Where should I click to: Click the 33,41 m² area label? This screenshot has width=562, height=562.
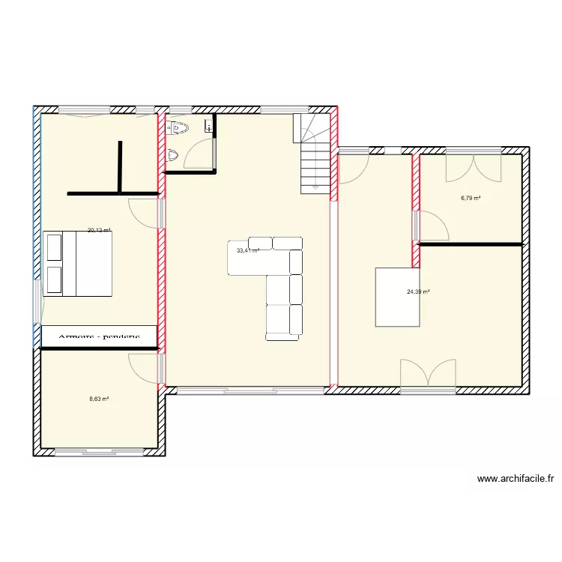248,251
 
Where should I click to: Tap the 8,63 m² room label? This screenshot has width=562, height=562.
99,399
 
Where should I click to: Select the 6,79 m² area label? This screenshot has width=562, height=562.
471,199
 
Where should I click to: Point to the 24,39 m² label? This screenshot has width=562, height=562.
418,292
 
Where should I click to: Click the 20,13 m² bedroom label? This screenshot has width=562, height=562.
99,231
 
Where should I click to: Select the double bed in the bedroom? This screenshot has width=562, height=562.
78,263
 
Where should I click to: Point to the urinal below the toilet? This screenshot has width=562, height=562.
174,157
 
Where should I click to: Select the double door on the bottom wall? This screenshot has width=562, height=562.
428,375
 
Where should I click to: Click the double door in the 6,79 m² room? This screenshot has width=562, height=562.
473,166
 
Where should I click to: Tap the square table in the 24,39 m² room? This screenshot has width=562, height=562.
398,297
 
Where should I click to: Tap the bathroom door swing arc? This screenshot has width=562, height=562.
196,154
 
